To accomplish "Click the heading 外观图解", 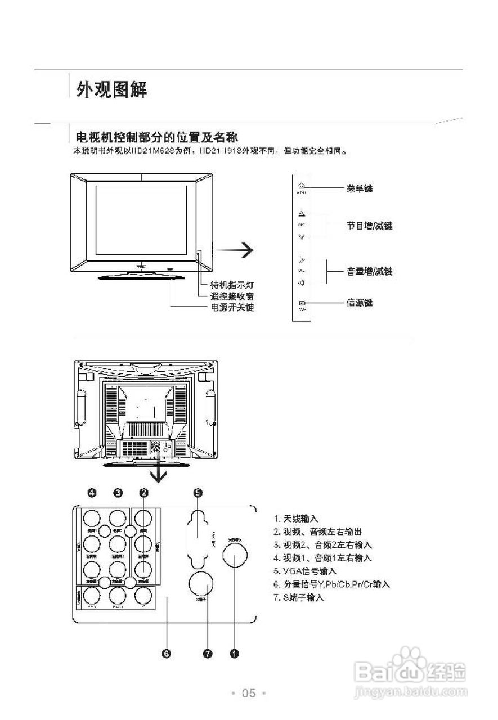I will click(113, 89).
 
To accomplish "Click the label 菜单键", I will click(359, 188).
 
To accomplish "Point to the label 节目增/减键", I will click(369, 226).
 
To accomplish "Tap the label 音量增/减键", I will click(369, 272).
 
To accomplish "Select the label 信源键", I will click(359, 303).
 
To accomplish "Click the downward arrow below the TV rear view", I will click(160, 474).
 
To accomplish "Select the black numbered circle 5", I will click(198, 493).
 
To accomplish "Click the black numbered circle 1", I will click(235, 654).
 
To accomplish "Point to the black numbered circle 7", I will click(208, 654).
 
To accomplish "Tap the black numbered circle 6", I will click(166, 654).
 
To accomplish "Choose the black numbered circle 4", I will click(92, 493).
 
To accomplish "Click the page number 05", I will click(249, 693).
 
